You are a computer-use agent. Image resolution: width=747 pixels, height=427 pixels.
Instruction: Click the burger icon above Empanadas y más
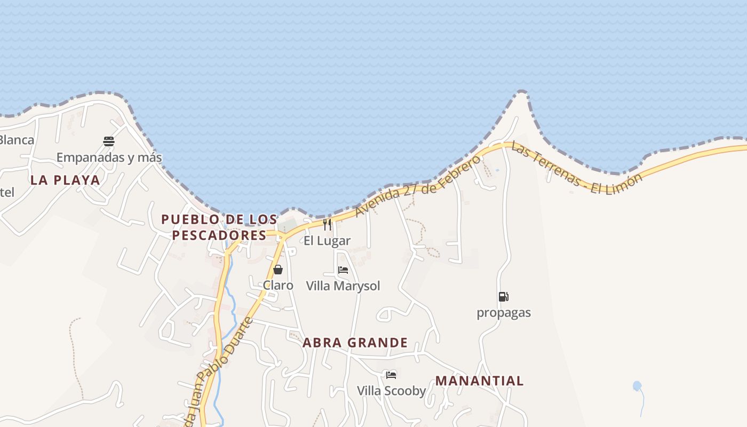[x=109, y=141]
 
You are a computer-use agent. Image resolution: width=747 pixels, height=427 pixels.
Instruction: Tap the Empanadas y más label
[x=109, y=157]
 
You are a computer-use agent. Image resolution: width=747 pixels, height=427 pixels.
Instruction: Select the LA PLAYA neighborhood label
[x=65, y=180]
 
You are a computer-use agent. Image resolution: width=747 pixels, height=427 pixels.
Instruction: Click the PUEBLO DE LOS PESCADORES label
[x=219, y=227]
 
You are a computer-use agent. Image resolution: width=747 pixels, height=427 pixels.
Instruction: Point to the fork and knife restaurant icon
[x=327, y=225]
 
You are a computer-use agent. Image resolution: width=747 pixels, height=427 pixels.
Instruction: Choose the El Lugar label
[x=327, y=241]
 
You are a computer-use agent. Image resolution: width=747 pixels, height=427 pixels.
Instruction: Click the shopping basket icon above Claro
[x=278, y=270]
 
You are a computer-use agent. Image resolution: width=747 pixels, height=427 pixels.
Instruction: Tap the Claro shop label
[x=278, y=286]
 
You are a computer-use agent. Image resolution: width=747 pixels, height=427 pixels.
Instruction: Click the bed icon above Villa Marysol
[x=343, y=270]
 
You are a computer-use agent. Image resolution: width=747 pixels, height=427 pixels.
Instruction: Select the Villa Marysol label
[x=343, y=286]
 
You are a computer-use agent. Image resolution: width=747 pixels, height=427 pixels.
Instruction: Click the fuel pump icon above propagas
[x=503, y=297]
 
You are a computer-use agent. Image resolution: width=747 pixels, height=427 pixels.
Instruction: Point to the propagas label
[x=504, y=313]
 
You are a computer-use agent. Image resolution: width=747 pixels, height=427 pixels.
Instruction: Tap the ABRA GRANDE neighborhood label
[x=355, y=343]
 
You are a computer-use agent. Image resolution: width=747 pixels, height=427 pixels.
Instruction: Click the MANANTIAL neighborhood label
[x=479, y=381]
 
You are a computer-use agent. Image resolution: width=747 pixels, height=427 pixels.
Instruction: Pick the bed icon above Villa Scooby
[x=391, y=375]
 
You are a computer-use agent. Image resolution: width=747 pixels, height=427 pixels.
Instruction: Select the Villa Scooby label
[x=391, y=391]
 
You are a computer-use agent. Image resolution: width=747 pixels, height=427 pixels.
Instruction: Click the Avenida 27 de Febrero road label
[x=418, y=185]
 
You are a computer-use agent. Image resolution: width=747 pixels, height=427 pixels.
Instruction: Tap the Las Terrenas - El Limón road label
[x=576, y=168]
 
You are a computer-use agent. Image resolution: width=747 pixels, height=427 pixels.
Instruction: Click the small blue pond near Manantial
[x=637, y=385]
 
